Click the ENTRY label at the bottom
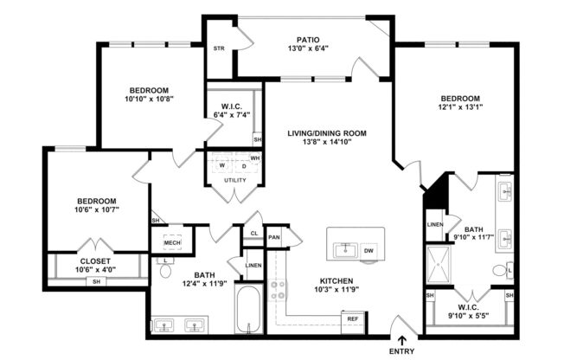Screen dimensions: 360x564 (401, 351)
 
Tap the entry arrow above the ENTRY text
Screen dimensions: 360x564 (401, 340)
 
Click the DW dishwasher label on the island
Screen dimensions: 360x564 (369, 252)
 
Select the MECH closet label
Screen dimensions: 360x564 (172, 243)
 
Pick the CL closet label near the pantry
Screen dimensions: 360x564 (253, 233)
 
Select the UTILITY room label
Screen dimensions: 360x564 (234, 180)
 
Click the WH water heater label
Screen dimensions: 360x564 (255, 158)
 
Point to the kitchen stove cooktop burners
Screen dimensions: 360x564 (280, 291)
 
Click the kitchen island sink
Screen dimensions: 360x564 (345, 251)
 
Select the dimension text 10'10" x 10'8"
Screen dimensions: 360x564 (149, 100)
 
